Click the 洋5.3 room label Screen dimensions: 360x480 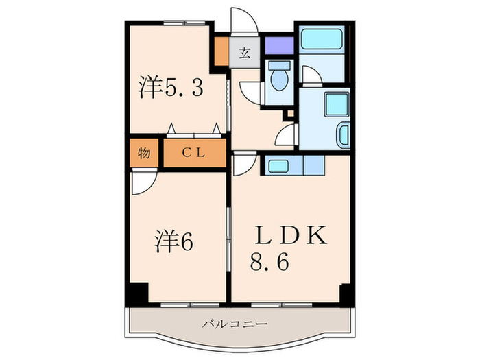point(171,88)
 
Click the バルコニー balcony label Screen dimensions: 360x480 point(235,323)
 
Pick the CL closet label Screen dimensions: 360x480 point(193,154)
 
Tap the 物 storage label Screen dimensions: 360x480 point(143,154)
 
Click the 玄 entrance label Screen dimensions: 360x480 point(245,53)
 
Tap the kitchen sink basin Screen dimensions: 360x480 point(278,165)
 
